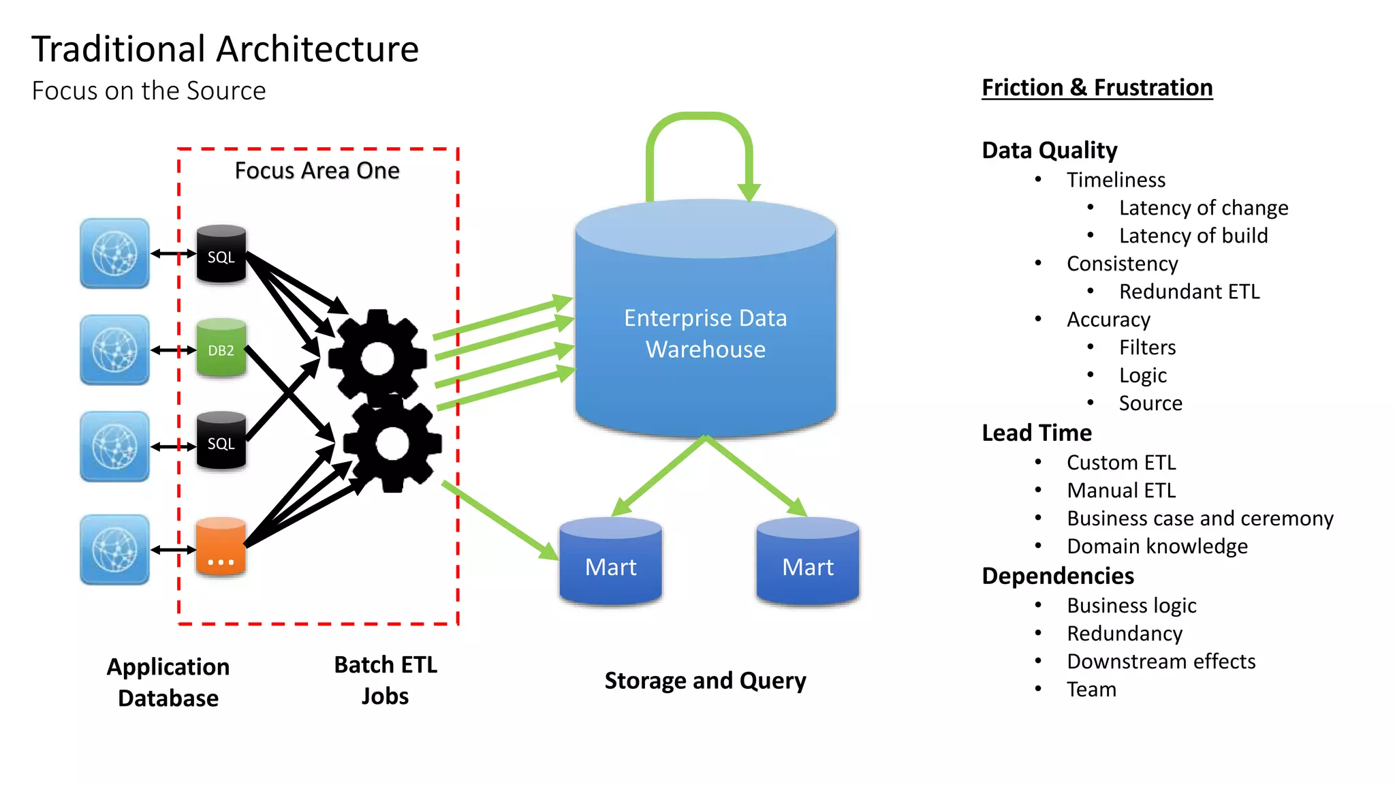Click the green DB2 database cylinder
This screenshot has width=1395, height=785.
point(221,348)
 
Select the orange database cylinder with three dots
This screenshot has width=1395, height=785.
point(221,547)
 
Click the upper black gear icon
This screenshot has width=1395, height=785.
point(377,357)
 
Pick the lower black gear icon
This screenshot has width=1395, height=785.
point(392,444)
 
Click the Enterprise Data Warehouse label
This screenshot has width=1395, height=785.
point(705,333)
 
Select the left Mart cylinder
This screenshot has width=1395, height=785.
point(610,562)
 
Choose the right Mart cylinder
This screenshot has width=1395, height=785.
point(807,562)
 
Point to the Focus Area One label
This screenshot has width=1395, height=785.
point(317,170)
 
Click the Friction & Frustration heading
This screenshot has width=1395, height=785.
point(1097,88)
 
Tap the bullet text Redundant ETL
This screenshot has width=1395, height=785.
point(1189,292)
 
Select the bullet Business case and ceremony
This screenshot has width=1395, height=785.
point(1200,519)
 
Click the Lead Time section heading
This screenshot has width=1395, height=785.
point(1036,433)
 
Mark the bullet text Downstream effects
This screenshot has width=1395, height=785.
point(1161,662)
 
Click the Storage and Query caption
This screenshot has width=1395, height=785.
point(705,681)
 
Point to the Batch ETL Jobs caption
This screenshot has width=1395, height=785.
point(386,680)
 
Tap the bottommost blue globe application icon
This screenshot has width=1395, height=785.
point(114,550)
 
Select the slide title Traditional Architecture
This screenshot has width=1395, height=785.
point(225,49)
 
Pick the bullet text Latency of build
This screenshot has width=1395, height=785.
point(1193,236)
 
